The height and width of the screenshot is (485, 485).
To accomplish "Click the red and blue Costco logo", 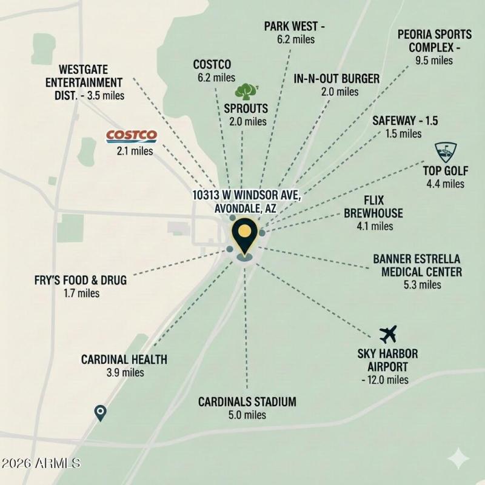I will (x=132, y=136).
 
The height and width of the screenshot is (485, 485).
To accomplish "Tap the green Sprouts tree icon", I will (x=244, y=92).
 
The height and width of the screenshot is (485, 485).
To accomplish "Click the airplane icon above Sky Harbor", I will (x=387, y=333).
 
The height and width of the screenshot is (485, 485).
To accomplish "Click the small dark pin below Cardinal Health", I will (x=101, y=413).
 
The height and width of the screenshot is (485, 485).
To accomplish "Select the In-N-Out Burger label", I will (x=336, y=79).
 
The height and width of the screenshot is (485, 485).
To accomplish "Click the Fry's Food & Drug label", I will (x=81, y=281).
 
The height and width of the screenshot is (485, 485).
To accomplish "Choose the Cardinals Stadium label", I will (x=247, y=401).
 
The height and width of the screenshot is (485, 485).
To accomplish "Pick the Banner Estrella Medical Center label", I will (x=421, y=266).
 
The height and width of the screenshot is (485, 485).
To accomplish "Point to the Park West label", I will (x=295, y=27).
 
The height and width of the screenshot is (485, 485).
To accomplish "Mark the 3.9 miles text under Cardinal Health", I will (x=125, y=373).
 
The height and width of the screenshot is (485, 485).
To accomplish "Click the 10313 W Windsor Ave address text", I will (x=246, y=196).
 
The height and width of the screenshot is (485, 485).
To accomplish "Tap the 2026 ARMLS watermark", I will (x=41, y=463).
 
